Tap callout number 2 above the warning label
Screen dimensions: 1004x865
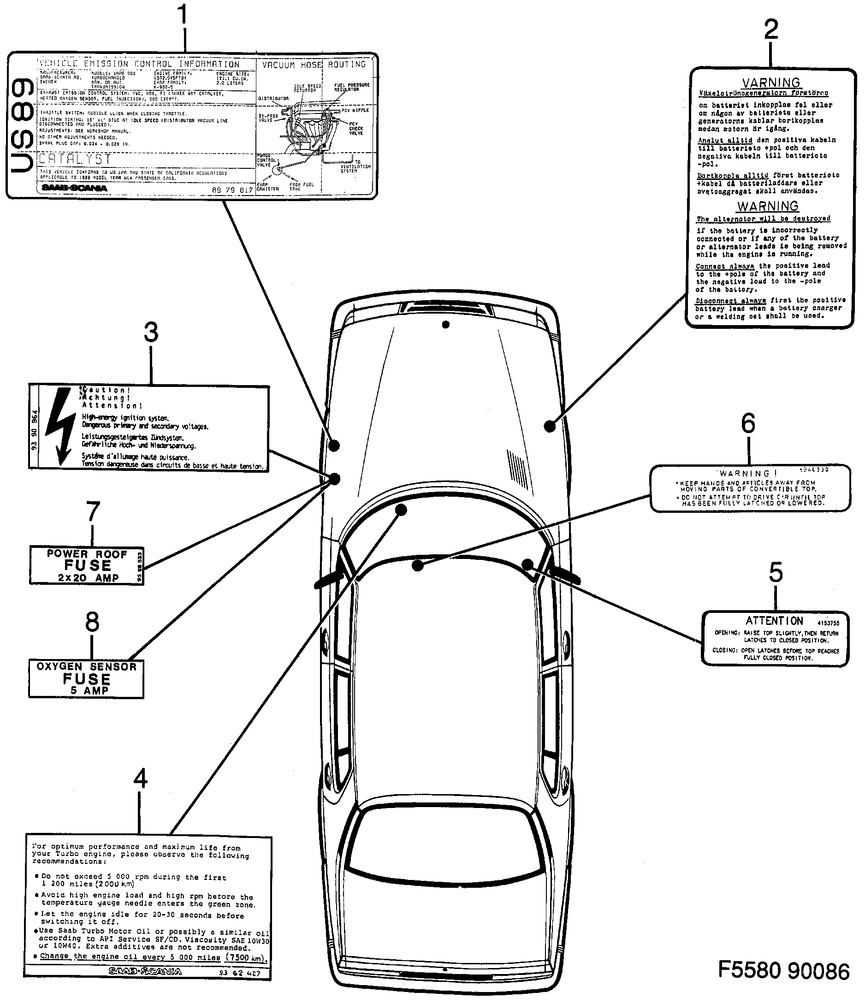tap(770, 30)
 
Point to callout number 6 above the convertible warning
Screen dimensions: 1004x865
tap(748, 423)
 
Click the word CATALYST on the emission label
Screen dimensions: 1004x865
tap(75, 159)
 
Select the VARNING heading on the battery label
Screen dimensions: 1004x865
tap(771, 83)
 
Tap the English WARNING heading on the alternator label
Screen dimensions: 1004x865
tap(768, 207)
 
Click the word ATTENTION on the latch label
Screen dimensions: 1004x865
tap(774, 621)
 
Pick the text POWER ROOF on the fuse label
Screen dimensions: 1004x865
tap(87, 554)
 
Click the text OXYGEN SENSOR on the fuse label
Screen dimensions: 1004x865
tap(87, 667)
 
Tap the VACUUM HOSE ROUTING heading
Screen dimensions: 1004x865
tap(314, 65)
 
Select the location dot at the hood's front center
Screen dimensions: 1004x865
tap(445, 325)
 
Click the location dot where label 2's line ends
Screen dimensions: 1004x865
tap(549, 427)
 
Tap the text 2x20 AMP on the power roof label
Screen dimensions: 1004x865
tap(88, 578)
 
